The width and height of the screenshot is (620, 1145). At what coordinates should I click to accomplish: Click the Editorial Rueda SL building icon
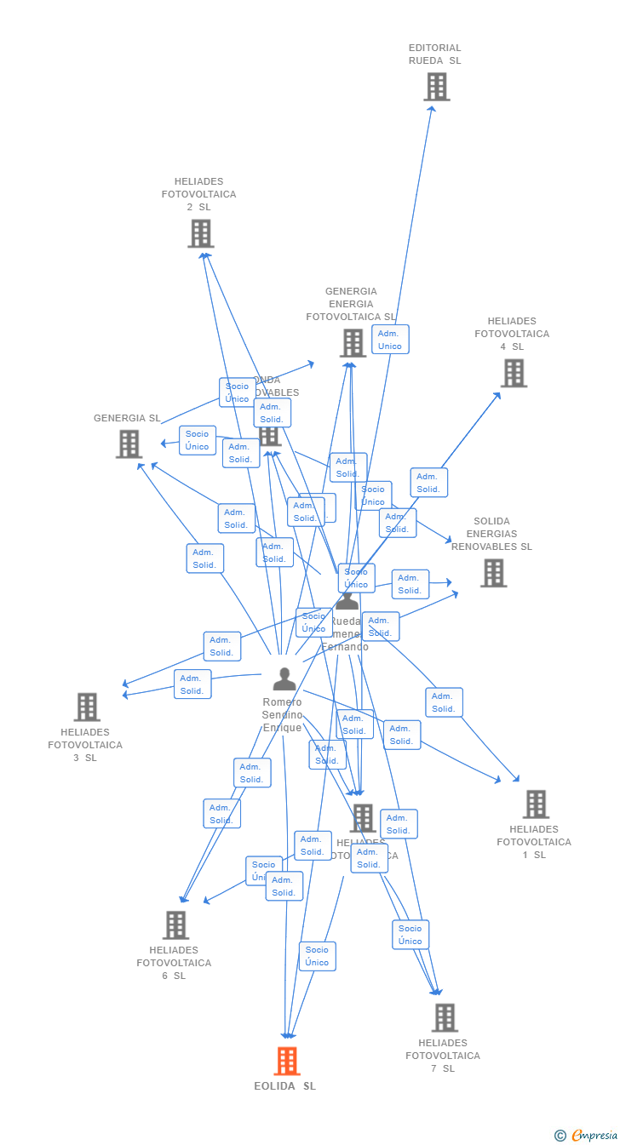click(436, 87)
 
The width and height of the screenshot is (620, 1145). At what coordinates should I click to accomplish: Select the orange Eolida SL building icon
click(287, 1061)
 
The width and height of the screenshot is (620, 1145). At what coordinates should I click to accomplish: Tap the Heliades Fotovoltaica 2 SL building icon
click(201, 233)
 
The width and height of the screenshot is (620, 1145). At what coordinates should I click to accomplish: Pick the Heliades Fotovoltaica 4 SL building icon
click(514, 373)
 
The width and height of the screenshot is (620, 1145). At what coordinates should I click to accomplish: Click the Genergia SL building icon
click(129, 444)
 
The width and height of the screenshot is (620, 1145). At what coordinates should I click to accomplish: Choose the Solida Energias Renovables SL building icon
click(493, 573)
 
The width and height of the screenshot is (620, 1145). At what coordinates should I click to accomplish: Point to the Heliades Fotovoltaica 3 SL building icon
click(87, 707)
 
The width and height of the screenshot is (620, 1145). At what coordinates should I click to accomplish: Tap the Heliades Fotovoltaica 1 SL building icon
click(536, 804)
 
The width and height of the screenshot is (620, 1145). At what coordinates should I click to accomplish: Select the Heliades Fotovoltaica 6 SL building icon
click(175, 925)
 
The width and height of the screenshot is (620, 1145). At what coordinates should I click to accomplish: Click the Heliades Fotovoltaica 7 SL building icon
click(445, 1017)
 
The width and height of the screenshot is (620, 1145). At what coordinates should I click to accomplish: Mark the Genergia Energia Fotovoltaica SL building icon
click(353, 343)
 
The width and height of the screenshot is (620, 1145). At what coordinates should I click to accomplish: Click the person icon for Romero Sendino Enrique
click(284, 678)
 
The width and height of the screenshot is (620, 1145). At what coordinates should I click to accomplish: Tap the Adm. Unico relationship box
click(390, 340)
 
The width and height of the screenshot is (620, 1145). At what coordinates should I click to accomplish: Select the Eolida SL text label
click(284, 1086)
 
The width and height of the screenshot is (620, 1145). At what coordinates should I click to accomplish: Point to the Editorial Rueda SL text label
click(434, 54)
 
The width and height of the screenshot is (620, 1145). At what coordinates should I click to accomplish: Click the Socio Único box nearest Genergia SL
click(198, 440)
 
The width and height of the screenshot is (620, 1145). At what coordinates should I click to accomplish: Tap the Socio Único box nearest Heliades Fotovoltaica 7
click(410, 935)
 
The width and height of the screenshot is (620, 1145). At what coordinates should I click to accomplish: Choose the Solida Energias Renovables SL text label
click(491, 534)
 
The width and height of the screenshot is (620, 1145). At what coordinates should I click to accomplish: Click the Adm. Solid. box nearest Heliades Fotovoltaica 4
click(428, 483)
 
